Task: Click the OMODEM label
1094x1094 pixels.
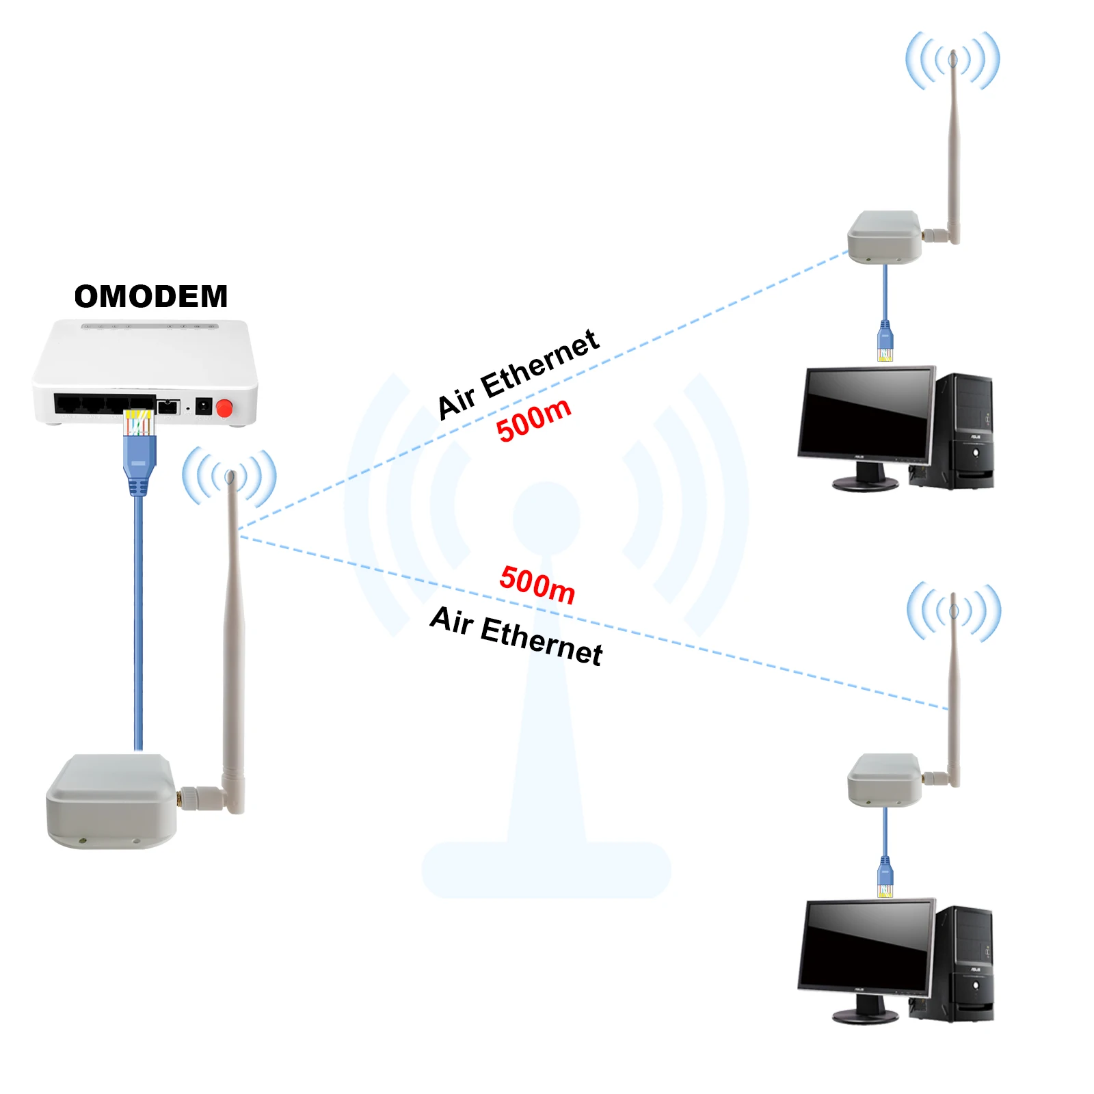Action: [150, 297]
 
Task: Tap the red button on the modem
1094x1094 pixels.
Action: [224, 409]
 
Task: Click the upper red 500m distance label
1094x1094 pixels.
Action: [533, 419]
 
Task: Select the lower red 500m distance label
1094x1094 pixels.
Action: [537, 584]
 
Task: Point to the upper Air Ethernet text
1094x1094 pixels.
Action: [518, 373]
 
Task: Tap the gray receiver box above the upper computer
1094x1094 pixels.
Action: [884, 237]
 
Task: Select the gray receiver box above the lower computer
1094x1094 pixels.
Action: [884, 779]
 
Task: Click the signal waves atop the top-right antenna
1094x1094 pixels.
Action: [953, 60]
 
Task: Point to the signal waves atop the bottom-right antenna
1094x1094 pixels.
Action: [954, 611]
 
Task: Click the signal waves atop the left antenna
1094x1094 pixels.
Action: [230, 477]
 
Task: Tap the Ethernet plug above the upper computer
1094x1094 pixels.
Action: [885, 342]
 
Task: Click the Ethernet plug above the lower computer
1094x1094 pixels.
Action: [885, 878]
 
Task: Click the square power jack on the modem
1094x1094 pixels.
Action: [203, 407]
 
